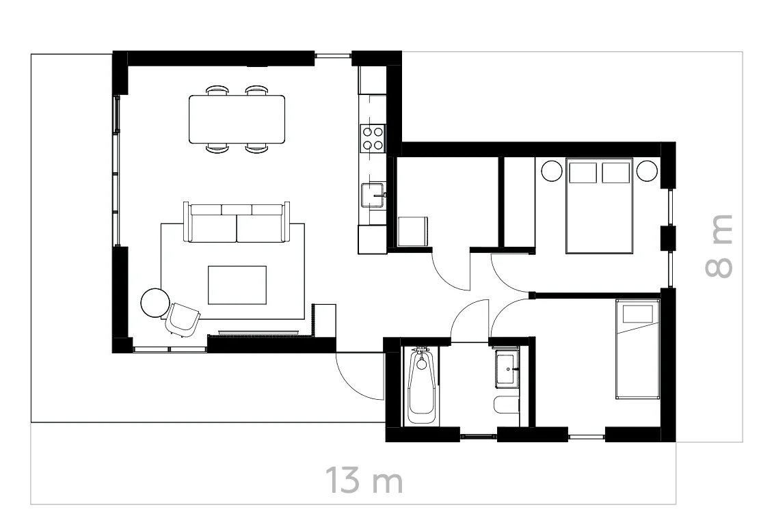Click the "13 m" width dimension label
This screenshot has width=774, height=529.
tap(363, 480)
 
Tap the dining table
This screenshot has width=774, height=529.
tap(237, 119)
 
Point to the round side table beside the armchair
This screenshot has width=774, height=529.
tap(155, 302)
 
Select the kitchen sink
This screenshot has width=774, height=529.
tap(373, 194)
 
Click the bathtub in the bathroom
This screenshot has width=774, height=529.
tap(421, 386)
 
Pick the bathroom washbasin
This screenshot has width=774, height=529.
tap(507, 370)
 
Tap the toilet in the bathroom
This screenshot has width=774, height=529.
tap(506, 405)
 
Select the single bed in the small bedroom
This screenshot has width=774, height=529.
tap(637, 349)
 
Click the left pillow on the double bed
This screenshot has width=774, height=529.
tap(583, 172)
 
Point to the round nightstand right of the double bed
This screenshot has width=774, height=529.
tap(646, 170)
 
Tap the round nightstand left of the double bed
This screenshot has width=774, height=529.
tap(551, 170)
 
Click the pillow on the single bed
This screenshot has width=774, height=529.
tap(637, 314)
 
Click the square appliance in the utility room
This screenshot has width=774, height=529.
tap(412, 231)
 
